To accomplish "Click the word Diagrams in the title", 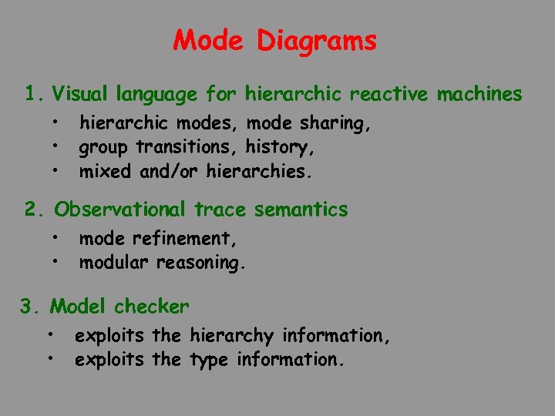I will click(317, 41).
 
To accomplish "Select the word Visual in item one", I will click(81, 95).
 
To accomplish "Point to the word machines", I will click(479, 95).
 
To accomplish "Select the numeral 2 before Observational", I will click(32, 210).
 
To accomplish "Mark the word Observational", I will click(119, 210).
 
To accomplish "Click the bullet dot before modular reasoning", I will click(58, 260).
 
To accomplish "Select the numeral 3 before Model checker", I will click(28, 307).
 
